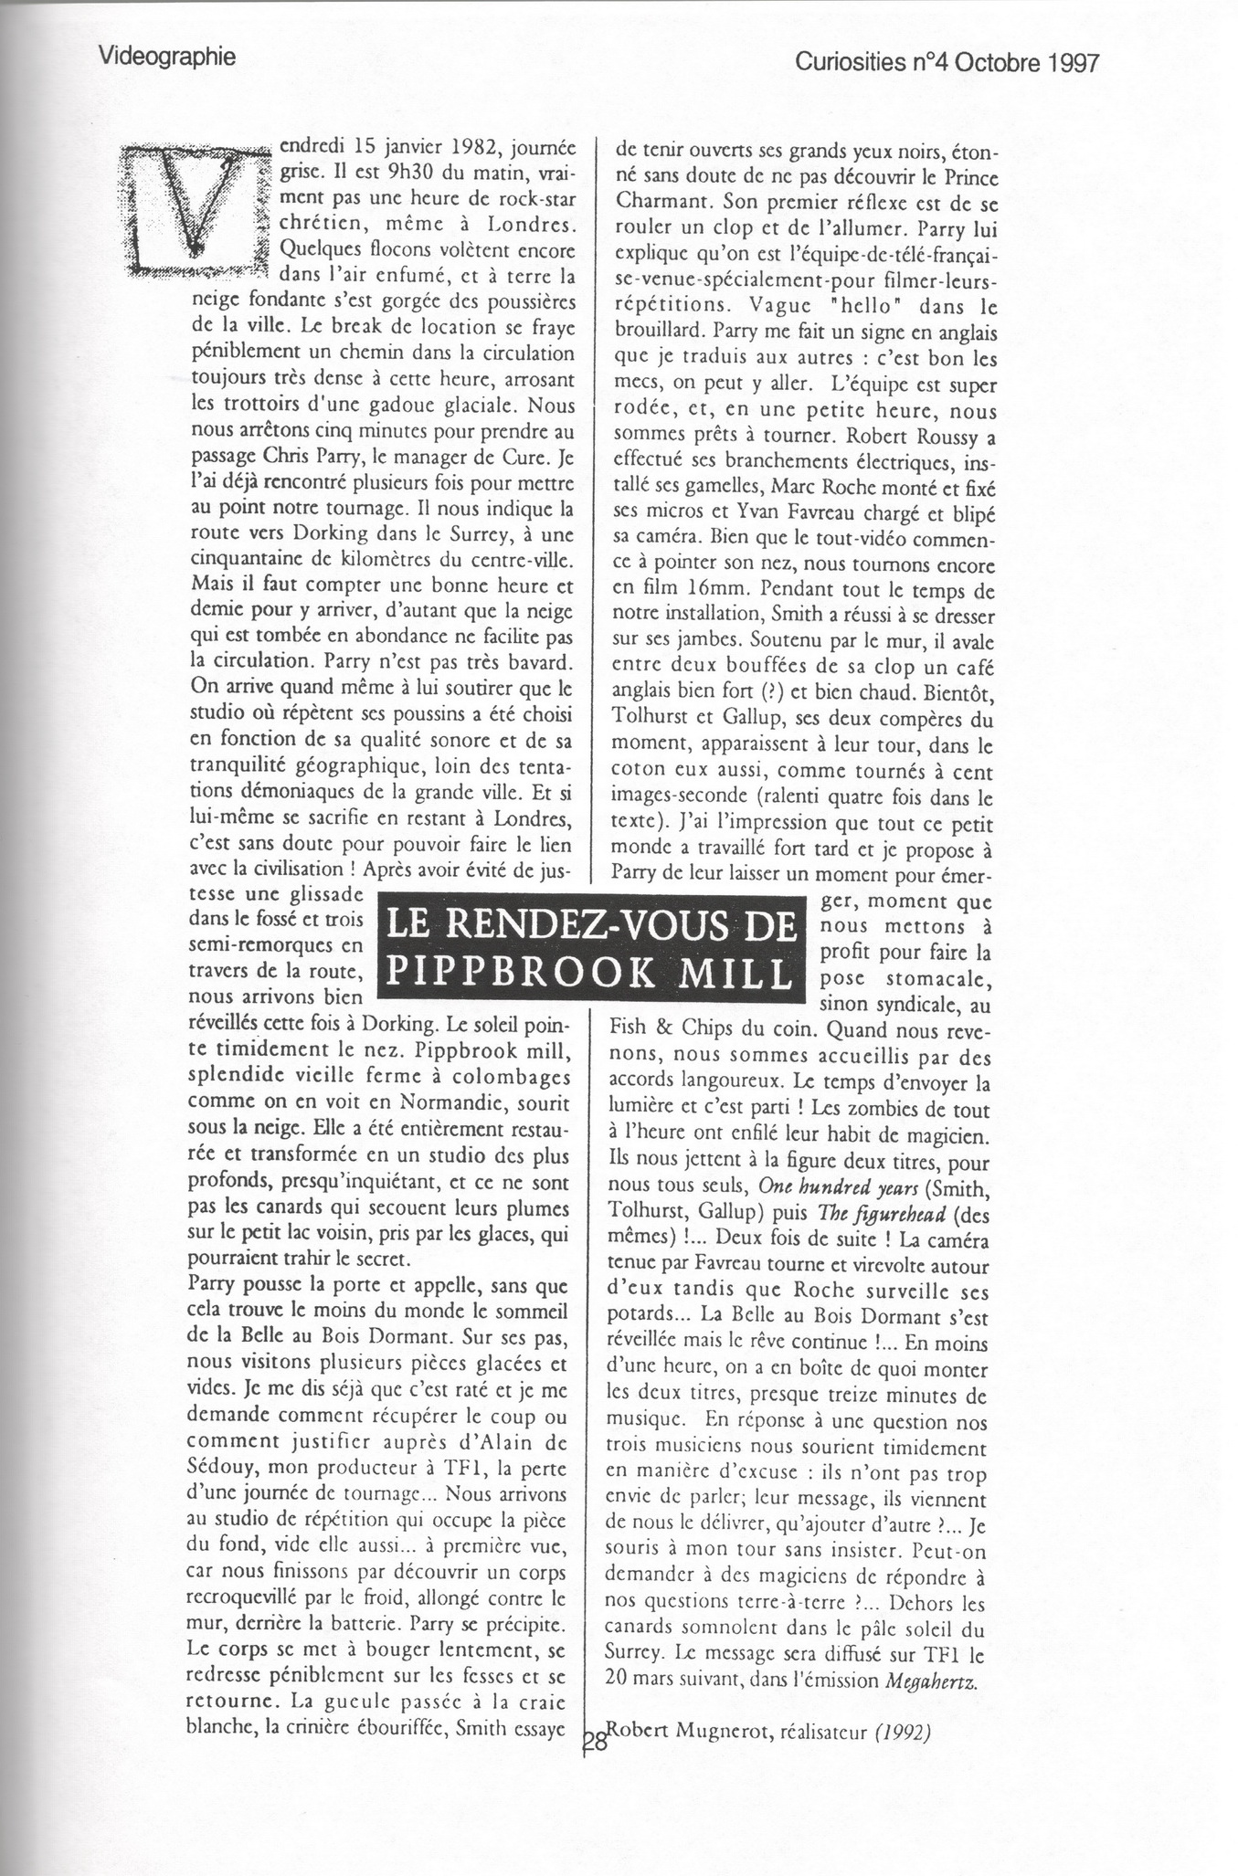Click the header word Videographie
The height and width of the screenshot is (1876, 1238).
(166, 57)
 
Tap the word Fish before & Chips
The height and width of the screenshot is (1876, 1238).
(627, 1028)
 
